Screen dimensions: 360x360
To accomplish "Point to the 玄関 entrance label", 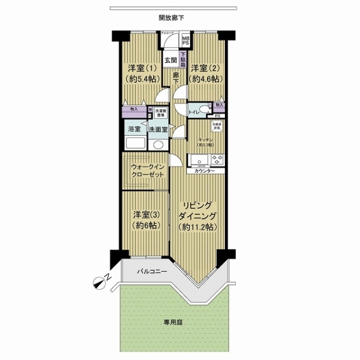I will click(x=170, y=60).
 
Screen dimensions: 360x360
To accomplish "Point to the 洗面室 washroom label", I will click(x=158, y=130).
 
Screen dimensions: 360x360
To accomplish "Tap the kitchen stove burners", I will click(x=215, y=160).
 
